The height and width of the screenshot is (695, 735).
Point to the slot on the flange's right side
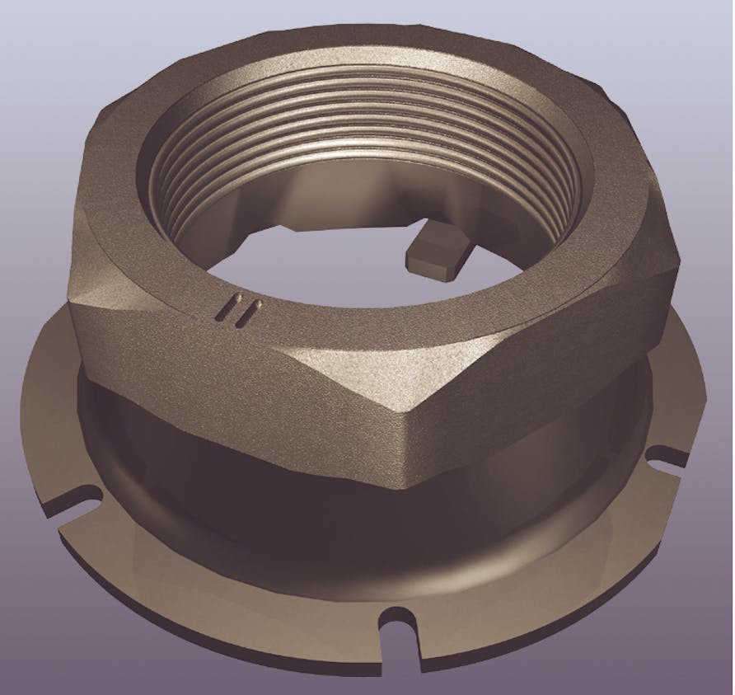[x=666, y=455]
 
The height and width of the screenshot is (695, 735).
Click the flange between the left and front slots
[x=206, y=594]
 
